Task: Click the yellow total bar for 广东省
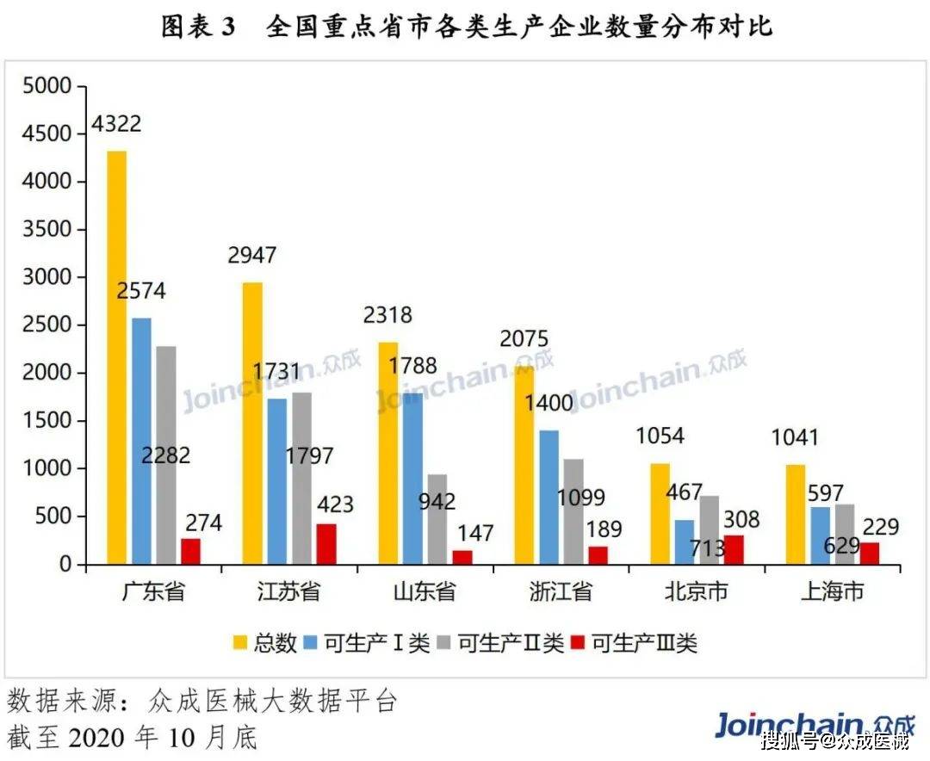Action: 117,357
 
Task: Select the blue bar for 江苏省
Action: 277,481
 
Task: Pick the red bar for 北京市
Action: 734,549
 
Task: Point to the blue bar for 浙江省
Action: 549,497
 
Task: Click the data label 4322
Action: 117,124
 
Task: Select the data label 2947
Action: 252,256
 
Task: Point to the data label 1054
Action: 660,436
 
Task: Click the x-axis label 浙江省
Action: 561,592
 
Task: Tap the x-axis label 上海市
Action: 832,592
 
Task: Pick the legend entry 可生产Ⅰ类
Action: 370,642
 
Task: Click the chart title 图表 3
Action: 198,27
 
